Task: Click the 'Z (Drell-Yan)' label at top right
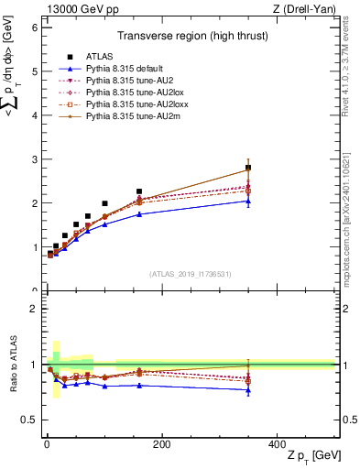click(x=303, y=8)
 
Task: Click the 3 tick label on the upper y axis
click(x=33, y=159)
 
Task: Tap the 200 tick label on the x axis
click(x=162, y=444)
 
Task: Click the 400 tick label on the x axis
click(x=277, y=444)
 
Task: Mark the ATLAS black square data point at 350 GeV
click(x=248, y=168)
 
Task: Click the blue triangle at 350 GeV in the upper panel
click(x=248, y=201)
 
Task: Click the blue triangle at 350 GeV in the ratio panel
click(x=248, y=389)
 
